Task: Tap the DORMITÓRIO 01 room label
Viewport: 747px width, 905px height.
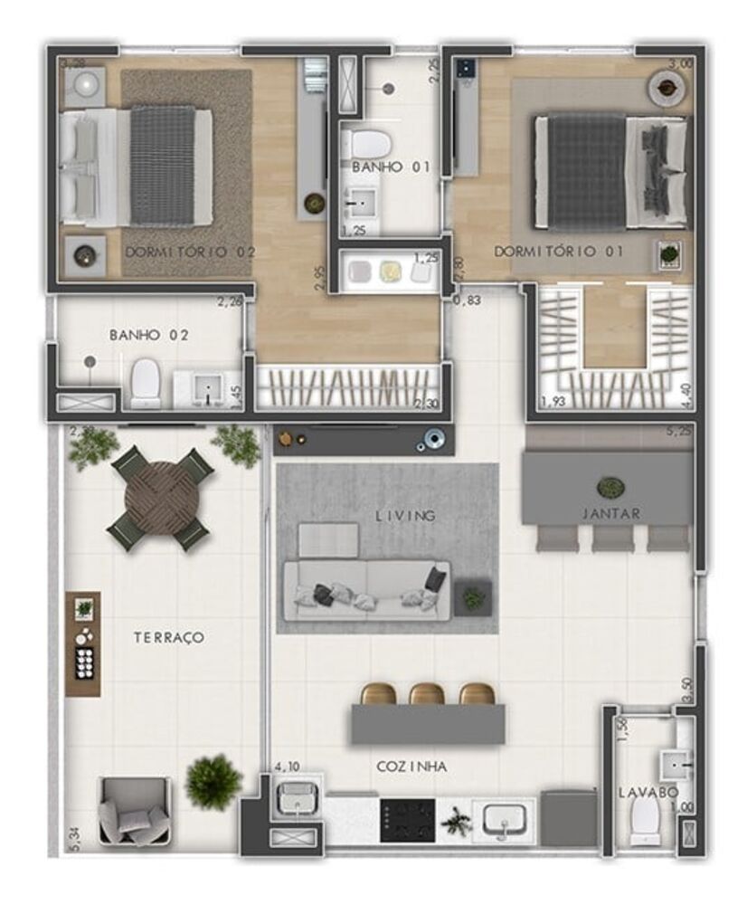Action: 558,251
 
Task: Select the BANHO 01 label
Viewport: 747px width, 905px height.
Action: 391,167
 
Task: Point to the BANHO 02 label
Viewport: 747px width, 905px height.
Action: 149,335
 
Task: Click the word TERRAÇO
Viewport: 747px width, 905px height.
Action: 169,637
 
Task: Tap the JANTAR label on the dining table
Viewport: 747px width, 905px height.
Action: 611,513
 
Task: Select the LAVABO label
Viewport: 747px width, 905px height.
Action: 648,793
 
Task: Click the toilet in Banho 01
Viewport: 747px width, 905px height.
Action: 366,144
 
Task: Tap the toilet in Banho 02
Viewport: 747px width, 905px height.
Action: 146,385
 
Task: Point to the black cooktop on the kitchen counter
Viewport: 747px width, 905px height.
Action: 407,820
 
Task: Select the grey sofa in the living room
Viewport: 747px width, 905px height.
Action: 366,590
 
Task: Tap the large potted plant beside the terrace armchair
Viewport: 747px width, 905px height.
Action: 213,781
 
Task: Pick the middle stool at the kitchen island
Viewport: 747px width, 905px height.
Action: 427,694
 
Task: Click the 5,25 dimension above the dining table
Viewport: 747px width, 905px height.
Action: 679,433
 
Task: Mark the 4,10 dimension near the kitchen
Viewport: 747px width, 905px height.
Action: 287,767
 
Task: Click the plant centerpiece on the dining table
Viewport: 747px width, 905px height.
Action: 611,487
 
